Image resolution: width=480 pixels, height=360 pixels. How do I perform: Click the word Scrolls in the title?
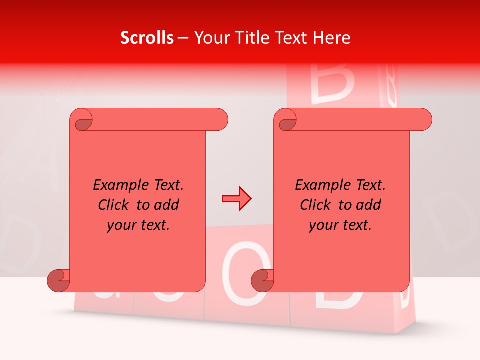tap(147, 38)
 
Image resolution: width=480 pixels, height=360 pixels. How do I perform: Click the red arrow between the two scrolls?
tap(236, 199)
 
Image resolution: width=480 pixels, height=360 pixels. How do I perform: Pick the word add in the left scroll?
tap(165, 205)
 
